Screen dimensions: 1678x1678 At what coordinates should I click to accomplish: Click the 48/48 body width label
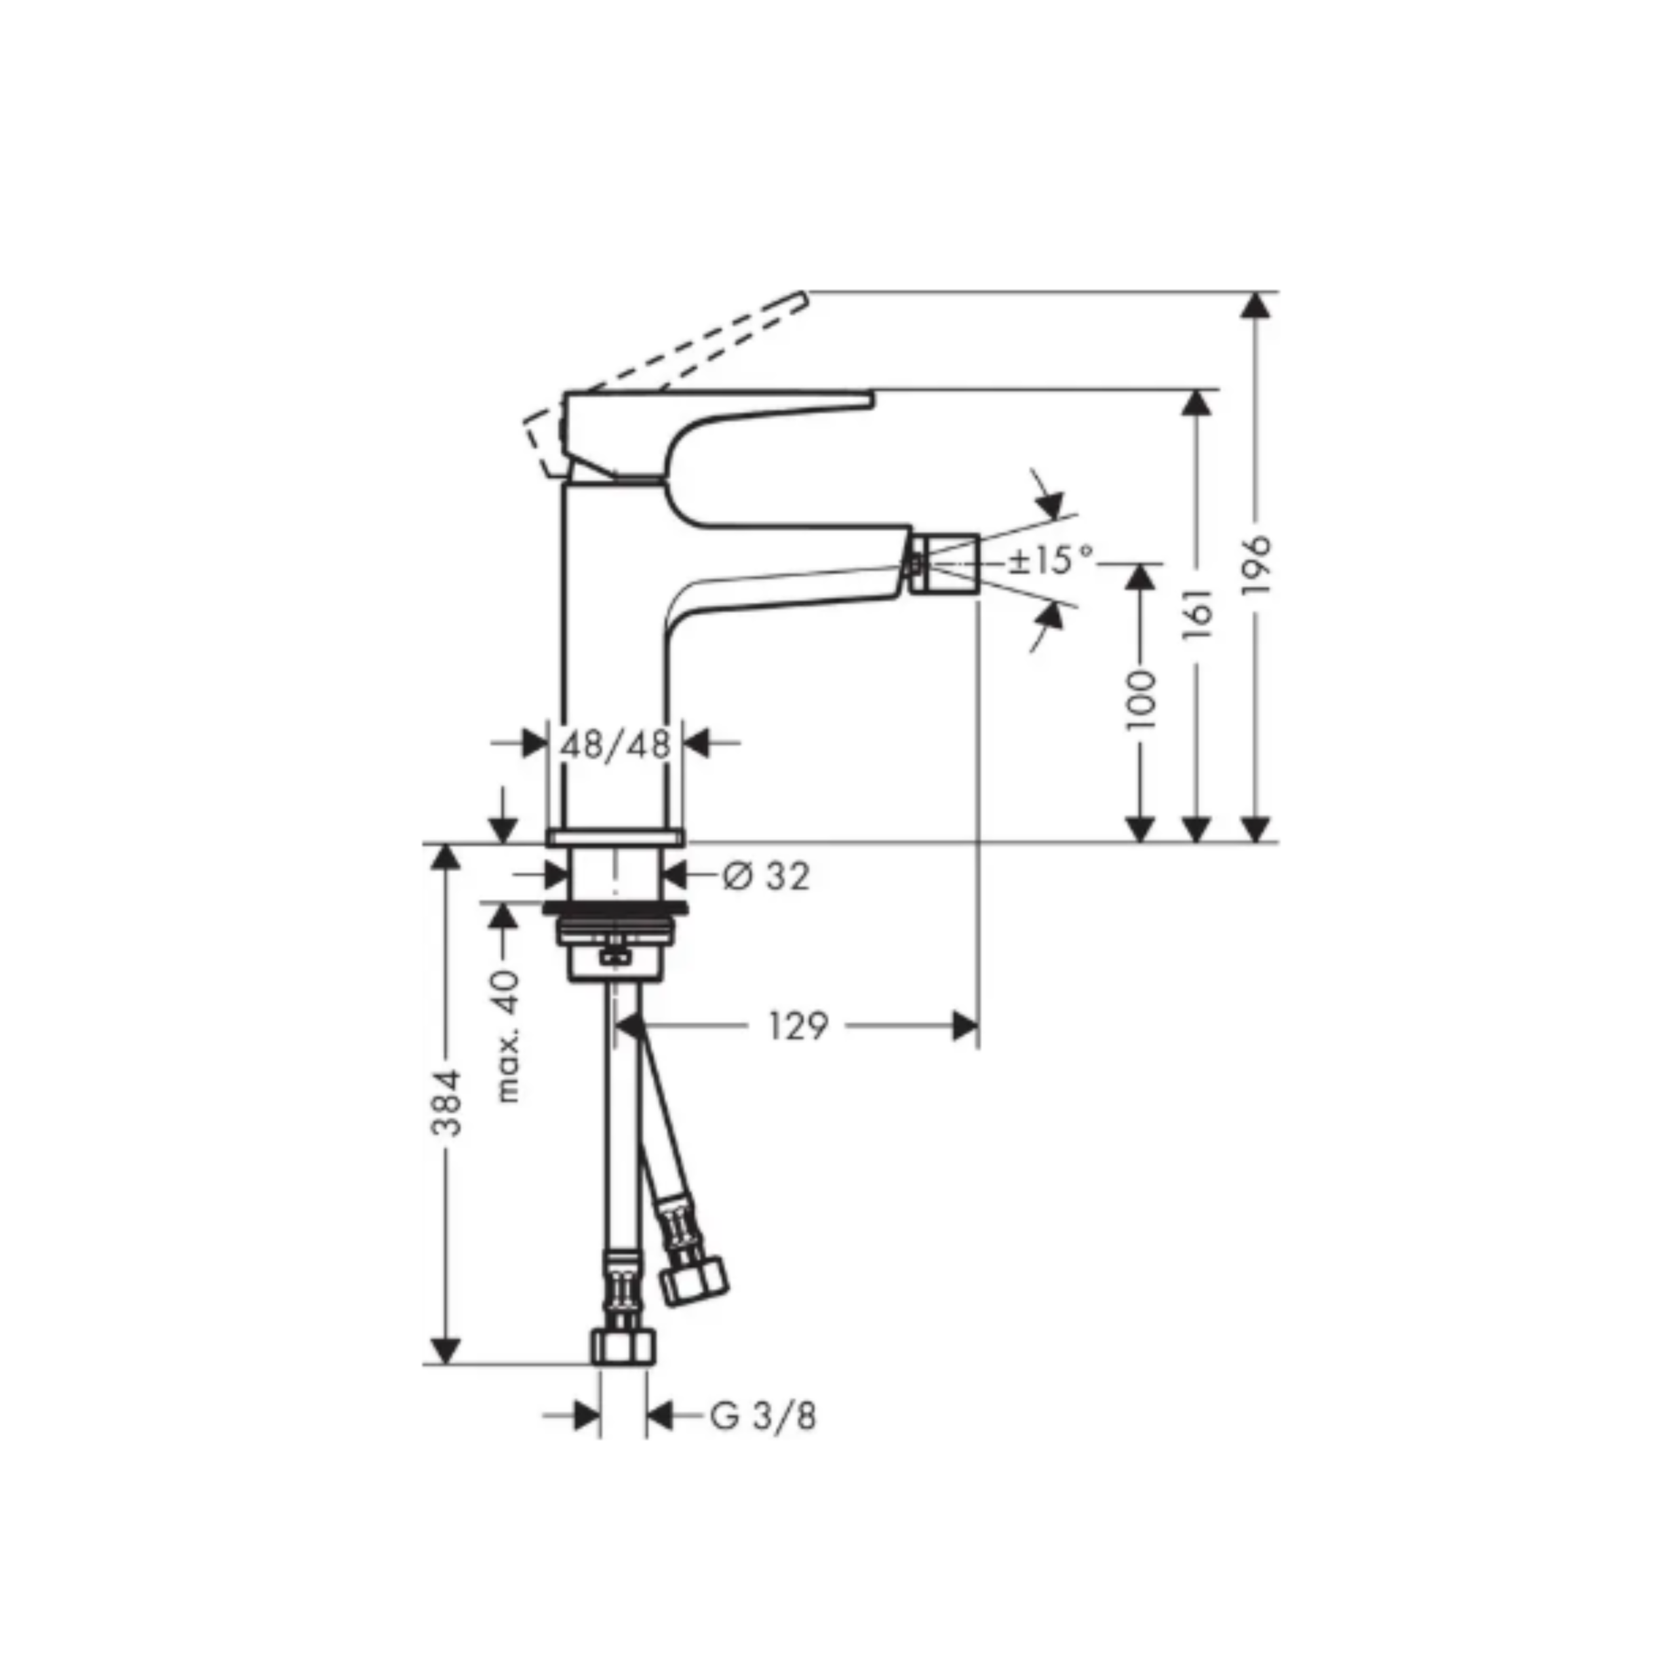coord(615,745)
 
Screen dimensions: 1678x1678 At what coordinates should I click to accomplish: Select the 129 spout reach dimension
coord(798,1026)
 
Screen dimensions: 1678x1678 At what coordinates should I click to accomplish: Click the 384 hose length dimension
coord(447,1104)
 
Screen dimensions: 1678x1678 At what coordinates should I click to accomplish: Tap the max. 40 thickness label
coord(507,1037)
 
